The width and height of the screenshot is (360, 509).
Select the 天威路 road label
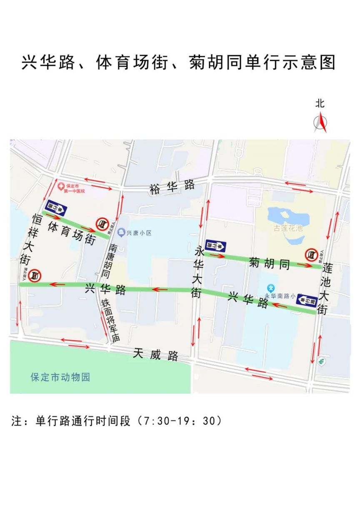[156, 355]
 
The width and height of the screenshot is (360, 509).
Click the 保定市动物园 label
[60, 378]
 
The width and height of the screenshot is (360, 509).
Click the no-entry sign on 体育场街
[101, 224]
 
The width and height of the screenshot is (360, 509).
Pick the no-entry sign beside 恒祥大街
[35, 275]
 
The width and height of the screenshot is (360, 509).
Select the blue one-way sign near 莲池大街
[303, 300]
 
